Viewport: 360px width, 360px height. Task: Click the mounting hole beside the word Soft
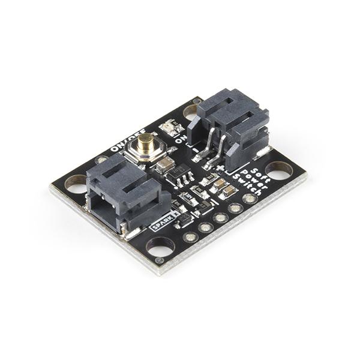(278, 170)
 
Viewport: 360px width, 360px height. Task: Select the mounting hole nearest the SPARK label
(160, 245)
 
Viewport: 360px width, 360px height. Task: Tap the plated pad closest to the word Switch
(249, 198)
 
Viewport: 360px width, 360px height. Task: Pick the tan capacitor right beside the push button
(166, 166)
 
